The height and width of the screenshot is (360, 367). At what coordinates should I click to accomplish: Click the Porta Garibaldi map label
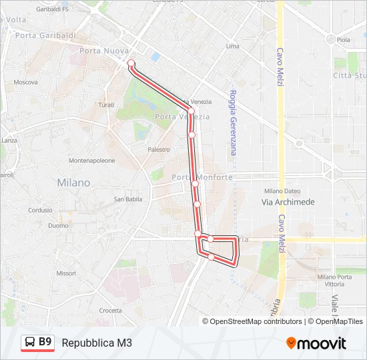point(45,35)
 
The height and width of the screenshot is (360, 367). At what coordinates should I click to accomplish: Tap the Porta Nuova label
point(103,51)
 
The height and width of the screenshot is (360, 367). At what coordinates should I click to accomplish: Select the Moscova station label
point(25,83)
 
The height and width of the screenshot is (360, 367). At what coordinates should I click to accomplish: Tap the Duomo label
point(59,226)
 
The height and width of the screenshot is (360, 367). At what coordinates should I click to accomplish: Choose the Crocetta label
point(110,310)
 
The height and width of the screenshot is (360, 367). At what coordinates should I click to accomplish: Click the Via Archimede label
point(288,202)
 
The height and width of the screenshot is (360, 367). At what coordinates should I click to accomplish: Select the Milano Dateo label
point(279,191)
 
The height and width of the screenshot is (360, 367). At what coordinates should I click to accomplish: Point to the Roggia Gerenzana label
point(233,123)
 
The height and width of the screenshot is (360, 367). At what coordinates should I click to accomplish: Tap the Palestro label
point(159,150)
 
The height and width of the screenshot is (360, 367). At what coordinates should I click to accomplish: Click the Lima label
point(232,47)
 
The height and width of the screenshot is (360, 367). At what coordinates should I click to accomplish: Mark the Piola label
point(343,40)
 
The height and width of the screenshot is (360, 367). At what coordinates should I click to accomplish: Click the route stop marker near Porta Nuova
point(131,64)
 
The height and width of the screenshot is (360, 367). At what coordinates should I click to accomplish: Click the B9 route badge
point(37,342)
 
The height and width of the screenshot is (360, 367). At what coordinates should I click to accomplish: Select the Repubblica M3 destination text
point(97,343)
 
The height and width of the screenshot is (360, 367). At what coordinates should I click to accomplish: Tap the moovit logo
point(316,343)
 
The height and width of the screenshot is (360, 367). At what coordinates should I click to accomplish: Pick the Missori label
point(66,273)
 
